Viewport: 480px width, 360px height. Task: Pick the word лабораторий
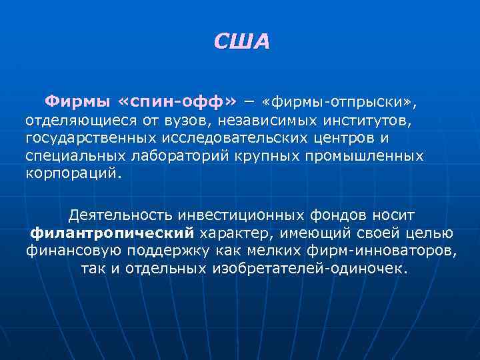click(213, 156)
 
